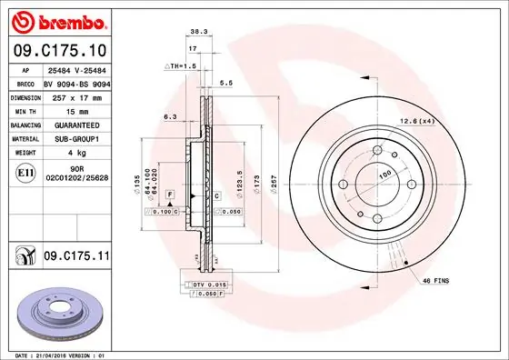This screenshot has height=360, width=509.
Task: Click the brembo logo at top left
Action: (56, 21)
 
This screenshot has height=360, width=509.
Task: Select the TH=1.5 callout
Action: (180, 66)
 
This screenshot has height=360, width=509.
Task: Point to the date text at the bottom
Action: (57, 354)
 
